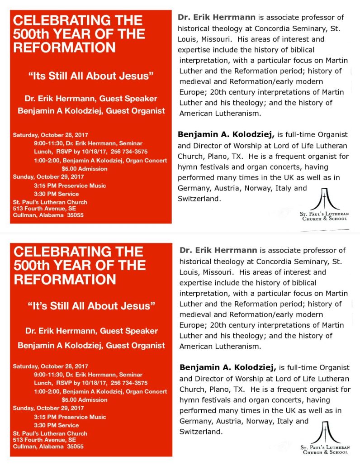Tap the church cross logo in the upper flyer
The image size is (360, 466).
click(325, 199)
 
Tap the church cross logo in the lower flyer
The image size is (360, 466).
click(325, 432)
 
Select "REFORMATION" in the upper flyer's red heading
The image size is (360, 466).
click(64, 48)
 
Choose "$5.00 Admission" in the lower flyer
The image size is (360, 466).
click(85, 399)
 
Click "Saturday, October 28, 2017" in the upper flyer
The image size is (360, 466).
click(50, 135)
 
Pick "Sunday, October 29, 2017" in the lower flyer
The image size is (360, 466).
click(48, 408)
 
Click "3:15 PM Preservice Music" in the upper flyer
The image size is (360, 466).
click(70, 185)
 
